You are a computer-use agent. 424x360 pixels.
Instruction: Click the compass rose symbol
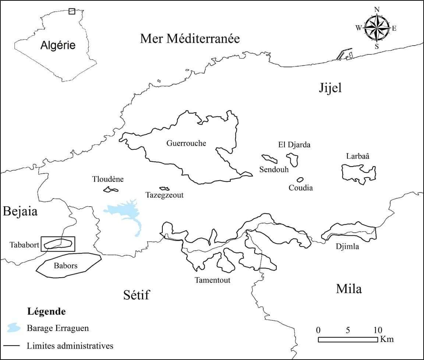[376, 28]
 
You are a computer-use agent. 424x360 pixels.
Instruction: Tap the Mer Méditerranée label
[190, 38]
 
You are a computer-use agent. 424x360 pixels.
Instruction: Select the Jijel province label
[330, 88]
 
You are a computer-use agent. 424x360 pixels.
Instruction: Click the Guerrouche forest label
[186, 143]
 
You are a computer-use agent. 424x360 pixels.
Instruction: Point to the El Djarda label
[294, 145]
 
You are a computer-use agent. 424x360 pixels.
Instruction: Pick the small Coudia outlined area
[300, 180]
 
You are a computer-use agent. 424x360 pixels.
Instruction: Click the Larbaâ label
[357, 156]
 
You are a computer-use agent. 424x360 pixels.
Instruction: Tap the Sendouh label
[274, 170]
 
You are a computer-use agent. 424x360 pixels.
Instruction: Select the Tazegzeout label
[164, 195]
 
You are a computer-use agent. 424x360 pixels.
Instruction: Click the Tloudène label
[108, 179]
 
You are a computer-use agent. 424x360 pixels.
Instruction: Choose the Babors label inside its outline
[66, 265]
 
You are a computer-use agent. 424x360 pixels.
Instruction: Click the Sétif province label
[136, 295]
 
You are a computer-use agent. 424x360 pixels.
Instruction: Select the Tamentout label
[212, 280]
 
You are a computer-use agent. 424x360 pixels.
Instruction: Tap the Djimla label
[347, 246]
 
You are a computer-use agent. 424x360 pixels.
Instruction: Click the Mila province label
[349, 289]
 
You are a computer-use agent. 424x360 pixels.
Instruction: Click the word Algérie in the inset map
[58, 45]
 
